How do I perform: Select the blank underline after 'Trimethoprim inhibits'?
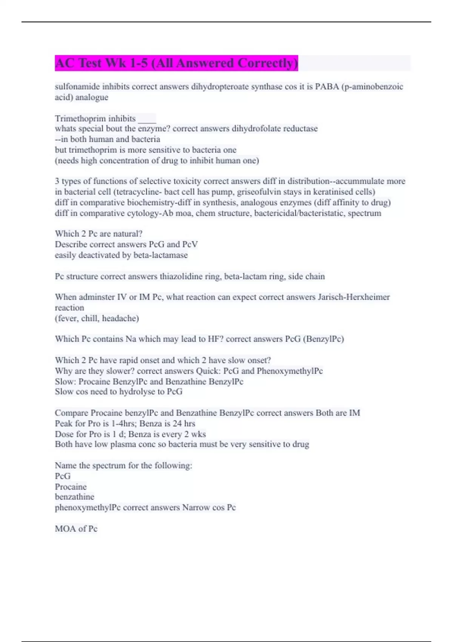click(147, 119)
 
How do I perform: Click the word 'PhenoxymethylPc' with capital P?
click(290, 371)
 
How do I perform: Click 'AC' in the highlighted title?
click(65, 63)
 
